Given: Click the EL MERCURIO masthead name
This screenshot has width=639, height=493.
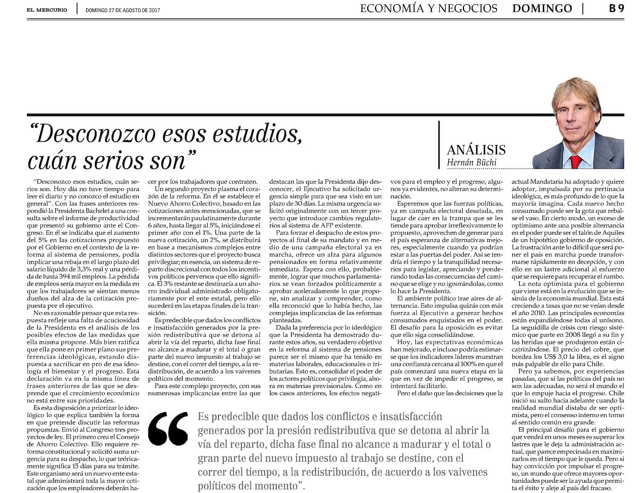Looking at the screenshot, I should coord(46,10).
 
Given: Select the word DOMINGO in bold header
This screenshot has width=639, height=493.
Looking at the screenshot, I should coord(542,8).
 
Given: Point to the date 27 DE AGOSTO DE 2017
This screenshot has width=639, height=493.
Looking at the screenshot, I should coord(134,10).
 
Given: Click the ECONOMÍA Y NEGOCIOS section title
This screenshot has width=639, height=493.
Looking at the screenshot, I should coord(429,8).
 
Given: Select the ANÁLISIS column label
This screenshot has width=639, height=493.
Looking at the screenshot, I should coord(476,150).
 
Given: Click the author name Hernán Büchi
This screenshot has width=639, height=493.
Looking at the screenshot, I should coord(472,162).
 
